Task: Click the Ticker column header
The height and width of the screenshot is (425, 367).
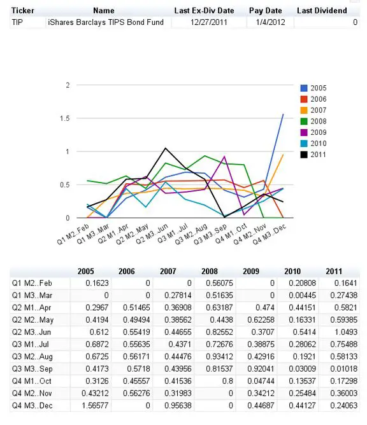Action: click(x=23, y=11)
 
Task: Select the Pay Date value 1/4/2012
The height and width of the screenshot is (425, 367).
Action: click(x=270, y=22)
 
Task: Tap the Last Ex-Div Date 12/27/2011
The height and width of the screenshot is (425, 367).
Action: click(x=209, y=22)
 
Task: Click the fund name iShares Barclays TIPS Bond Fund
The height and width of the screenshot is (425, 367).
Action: click(x=106, y=22)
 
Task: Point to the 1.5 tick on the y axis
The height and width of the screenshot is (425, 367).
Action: click(x=65, y=118)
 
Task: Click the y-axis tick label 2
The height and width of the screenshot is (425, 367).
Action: click(x=68, y=85)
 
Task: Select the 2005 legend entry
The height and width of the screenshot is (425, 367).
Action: click(x=313, y=88)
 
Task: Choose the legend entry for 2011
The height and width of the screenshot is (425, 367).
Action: click(x=313, y=155)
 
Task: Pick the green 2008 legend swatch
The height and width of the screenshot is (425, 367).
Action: click(x=304, y=122)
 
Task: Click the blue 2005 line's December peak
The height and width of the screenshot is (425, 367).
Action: click(x=284, y=114)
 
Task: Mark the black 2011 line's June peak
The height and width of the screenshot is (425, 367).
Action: click(x=165, y=148)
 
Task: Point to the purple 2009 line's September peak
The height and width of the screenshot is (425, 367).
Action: click(x=224, y=157)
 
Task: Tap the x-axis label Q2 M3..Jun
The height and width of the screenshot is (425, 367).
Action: click(x=152, y=234)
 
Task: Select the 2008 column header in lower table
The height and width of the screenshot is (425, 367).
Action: click(x=209, y=271)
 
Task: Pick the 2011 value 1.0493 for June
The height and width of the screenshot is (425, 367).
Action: click(x=343, y=332)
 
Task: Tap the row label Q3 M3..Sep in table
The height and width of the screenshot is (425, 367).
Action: click(x=32, y=368)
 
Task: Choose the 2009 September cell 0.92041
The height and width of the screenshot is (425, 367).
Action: click(x=261, y=368)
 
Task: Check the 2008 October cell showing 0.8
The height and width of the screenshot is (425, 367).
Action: click(x=227, y=381)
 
